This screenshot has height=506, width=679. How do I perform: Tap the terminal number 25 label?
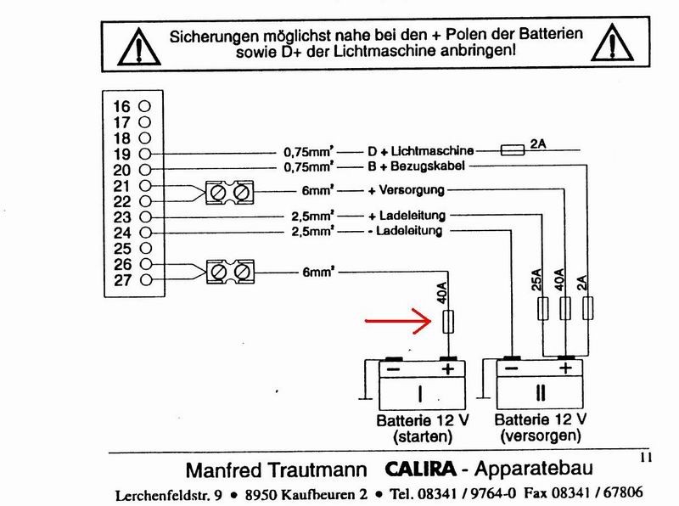(x=121, y=249)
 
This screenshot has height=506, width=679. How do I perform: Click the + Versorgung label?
(x=405, y=189)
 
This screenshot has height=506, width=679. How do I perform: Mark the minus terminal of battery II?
(x=511, y=370)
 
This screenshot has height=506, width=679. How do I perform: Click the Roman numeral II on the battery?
(x=540, y=395)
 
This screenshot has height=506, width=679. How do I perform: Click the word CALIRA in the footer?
(x=423, y=468)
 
